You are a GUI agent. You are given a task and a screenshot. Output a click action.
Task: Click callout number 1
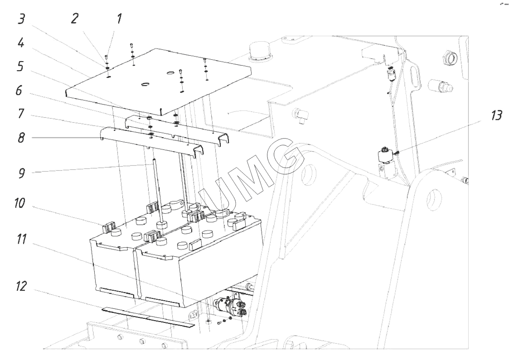(120, 19)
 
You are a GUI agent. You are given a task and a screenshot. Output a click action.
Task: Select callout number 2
(74, 19)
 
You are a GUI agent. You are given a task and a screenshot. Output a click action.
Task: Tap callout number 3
(21, 19)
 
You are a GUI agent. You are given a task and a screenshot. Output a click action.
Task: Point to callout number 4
(21, 43)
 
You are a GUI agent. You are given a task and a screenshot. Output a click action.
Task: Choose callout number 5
(20, 67)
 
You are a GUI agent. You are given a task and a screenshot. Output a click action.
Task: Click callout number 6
(19, 91)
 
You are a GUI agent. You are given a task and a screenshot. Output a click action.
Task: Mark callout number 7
(21, 114)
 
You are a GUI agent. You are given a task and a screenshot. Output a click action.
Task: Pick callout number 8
(21, 138)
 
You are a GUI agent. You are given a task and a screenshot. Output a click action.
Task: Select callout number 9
(21, 173)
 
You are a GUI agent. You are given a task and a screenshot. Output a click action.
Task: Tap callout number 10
(19, 203)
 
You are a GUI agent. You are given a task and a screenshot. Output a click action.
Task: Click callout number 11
(21, 240)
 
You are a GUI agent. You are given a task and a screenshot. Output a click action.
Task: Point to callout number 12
(21, 286)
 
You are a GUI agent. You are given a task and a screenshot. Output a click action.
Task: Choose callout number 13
(496, 115)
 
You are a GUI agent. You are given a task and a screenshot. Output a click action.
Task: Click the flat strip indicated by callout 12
(148, 317)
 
